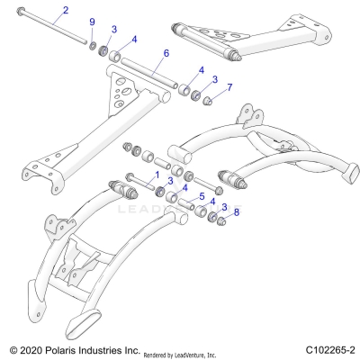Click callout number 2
tap(64, 12)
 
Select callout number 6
tap(166, 54)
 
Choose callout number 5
tap(202, 195)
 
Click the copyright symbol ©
tap(12, 348)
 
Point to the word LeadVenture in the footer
tap(202, 351)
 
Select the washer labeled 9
tap(94, 45)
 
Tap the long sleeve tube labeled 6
tap(149, 77)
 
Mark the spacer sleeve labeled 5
tap(170, 209)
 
